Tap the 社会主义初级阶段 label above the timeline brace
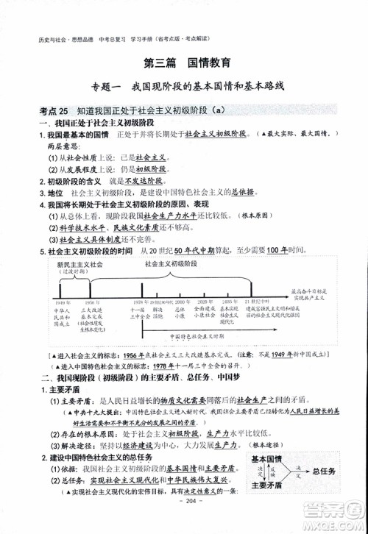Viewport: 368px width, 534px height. tap(171, 263)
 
